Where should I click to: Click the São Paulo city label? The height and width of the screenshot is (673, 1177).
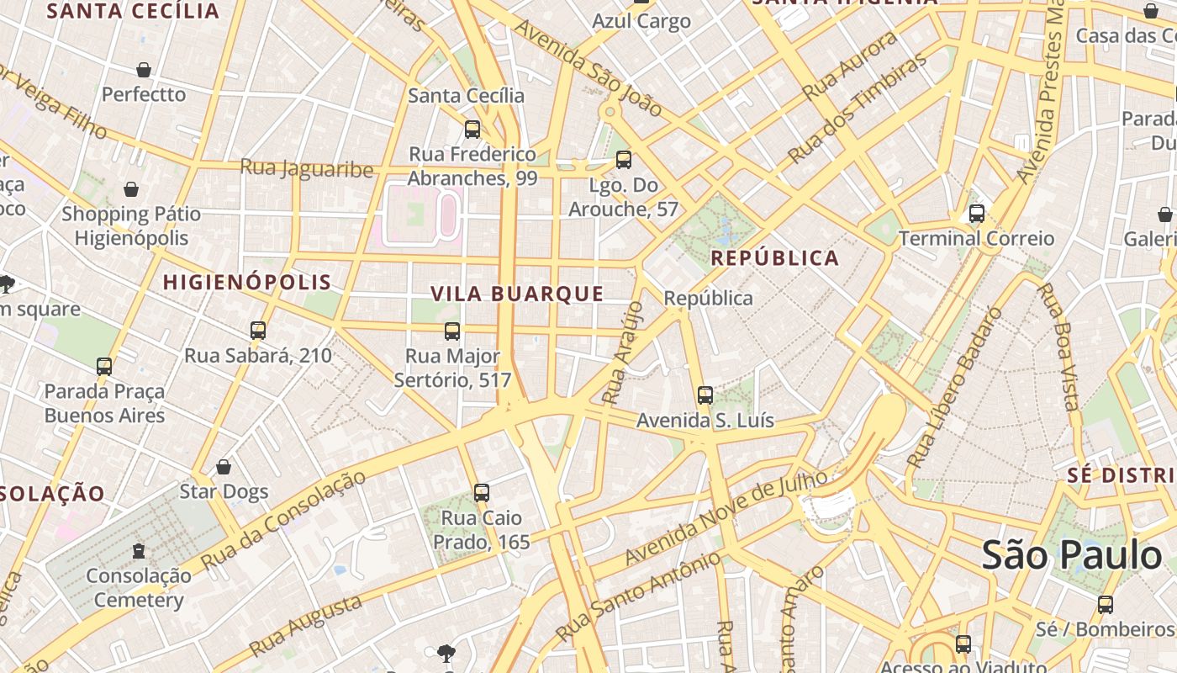coord(1072,556)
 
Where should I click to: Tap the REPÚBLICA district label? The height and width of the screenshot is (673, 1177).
coord(775,258)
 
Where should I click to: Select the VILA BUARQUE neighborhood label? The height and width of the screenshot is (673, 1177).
coord(517,294)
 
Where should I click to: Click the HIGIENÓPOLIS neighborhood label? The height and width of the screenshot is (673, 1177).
coord(247,282)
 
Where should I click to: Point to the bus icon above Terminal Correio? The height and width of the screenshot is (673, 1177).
coord(976,214)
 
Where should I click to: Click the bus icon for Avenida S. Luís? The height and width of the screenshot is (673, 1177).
coord(705,395)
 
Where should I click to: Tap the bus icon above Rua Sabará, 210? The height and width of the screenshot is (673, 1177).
coord(258,331)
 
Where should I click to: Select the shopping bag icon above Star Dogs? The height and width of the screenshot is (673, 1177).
coord(224,467)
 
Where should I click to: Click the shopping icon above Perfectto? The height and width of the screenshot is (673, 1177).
coord(144,70)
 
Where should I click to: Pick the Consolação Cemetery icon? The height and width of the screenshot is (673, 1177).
coord(139,552)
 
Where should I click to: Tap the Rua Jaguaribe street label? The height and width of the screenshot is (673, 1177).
coord(306,168)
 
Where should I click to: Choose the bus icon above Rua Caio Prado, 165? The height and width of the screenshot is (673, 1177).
coord(482,493)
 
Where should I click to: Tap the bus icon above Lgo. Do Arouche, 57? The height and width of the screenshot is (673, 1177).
coord(623,160)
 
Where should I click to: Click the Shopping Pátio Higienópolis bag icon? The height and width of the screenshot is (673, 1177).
coord(131,189)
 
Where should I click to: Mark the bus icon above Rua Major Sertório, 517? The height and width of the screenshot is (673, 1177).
coord(452,331)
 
